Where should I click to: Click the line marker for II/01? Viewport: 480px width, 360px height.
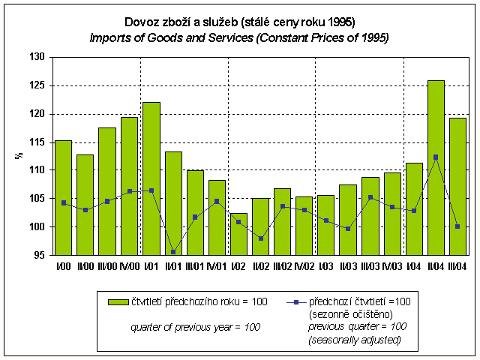pyautogui.click(x=173, y=251)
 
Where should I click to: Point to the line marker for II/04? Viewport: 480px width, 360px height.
pyautogui.click(x=436, y=157)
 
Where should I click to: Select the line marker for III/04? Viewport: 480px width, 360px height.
pyautogui.click(x=457, y=226)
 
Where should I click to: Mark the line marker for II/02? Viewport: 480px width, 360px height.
pyautogui.click(x=260, y=238)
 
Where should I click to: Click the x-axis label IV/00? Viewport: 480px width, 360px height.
pyautogui.click(x=129, y=266)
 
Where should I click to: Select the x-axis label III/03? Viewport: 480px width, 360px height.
pyautogui.click(x=370, y=266)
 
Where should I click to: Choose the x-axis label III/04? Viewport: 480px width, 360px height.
pyautogui.click(x=457, y=266)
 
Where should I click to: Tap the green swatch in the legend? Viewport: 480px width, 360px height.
pyautogui.click(x=118, y=301)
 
